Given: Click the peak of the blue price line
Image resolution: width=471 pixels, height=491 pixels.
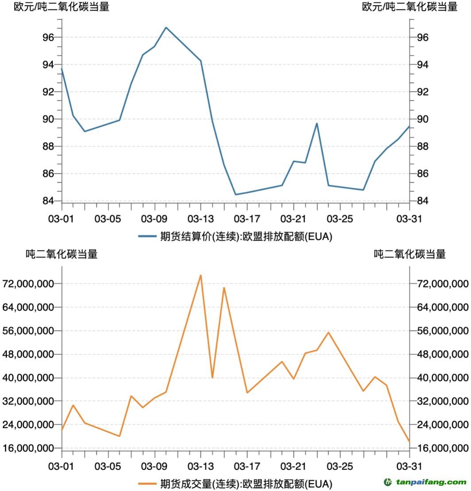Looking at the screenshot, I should click(166, 27).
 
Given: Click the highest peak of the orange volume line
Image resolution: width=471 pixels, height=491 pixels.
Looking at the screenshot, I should click(201, 275).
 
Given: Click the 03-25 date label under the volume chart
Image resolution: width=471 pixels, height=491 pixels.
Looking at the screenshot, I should click(340, 466).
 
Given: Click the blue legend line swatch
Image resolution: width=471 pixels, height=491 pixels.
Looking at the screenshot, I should click(147, 237).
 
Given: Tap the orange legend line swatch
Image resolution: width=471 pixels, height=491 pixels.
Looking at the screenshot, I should click(147, 483).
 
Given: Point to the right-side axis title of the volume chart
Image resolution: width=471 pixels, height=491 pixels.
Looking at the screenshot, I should click(409, 254).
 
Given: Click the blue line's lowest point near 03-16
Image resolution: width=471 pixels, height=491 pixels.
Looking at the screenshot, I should click(235, 194).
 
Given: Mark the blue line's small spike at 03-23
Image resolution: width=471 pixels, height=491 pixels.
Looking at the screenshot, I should click(317, 123).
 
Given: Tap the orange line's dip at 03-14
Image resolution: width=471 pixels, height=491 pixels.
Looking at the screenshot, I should click(212, 377).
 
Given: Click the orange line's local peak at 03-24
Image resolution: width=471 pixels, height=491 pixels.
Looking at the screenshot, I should click(328, 332).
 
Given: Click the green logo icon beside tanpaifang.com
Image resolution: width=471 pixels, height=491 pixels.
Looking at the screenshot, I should click(388, 482).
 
